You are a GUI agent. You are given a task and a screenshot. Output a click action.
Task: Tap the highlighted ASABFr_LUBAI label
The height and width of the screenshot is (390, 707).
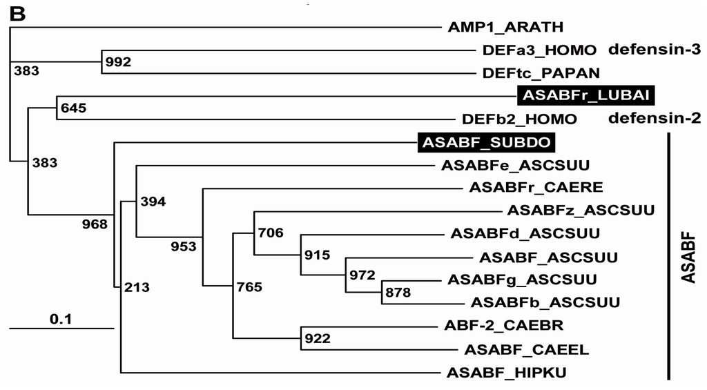click(585, 94)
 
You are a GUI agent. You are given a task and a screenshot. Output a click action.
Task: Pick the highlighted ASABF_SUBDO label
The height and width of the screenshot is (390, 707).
click(486, 143)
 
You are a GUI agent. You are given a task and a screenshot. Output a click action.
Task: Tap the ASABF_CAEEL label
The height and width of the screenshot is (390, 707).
click(526, 350)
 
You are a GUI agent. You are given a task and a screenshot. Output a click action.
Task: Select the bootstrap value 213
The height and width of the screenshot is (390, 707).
click(137, 286)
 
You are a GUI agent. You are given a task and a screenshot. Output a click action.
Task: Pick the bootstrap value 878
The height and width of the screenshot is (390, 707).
click(398, 293)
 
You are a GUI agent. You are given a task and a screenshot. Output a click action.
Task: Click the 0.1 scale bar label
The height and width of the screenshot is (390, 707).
click(61, 318)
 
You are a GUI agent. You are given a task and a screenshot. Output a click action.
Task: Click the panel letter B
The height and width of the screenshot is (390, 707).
click(17, 13)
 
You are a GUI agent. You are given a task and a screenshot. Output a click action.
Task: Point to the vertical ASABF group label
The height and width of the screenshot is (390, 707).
click(688, 257)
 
